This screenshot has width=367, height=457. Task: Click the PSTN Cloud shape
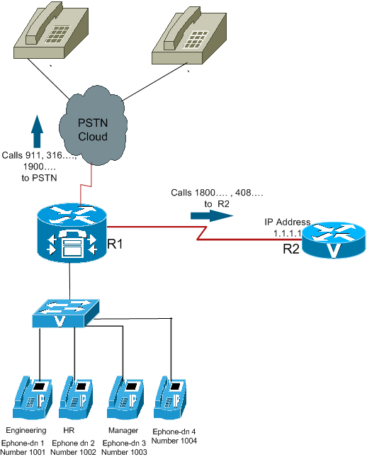click(93, 128)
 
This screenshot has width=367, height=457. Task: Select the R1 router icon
click(72, 233)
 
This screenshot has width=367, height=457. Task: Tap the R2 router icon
click(334, 240)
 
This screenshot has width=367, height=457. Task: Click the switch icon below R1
click(66, 313)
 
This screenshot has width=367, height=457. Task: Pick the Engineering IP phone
click(33, 397)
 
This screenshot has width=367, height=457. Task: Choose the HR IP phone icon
click(76, 397)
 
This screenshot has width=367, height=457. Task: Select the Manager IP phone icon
click(125, 397)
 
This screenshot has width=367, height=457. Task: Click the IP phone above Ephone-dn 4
click(170, 397)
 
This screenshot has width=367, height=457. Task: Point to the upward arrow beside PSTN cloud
click(37, 131)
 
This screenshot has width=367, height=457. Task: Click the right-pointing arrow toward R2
click(212, 215)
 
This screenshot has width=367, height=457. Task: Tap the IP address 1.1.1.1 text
click(288, 233)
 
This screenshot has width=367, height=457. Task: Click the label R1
click(115, 244)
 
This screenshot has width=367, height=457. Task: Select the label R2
click(291, 249)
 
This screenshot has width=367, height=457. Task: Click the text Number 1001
click(23, 452)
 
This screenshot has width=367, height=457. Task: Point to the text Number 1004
click(174, 441)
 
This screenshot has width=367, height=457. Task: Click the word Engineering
click(26, 430)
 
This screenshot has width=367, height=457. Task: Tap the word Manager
click(123, 430)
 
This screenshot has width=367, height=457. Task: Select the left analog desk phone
click(51, 33)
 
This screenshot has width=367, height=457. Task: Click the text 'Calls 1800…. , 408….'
click(217, 193)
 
